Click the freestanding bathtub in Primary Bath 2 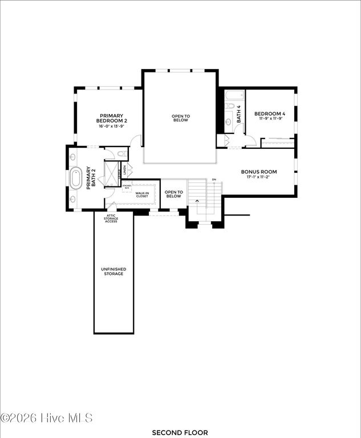coord(76,179)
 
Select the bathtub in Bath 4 coord(230,106)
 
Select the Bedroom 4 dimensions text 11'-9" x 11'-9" coord(270,119)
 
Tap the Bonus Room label coord(258,172)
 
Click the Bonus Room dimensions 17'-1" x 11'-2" coord(258,177)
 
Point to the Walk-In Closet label coord(141,194)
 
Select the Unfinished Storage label coord(113,271)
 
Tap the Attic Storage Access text coord(111,218)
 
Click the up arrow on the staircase coord(198,201)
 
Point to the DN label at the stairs coord(214,180)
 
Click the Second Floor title coord(180,433)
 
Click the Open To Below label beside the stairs coord(173,194)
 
